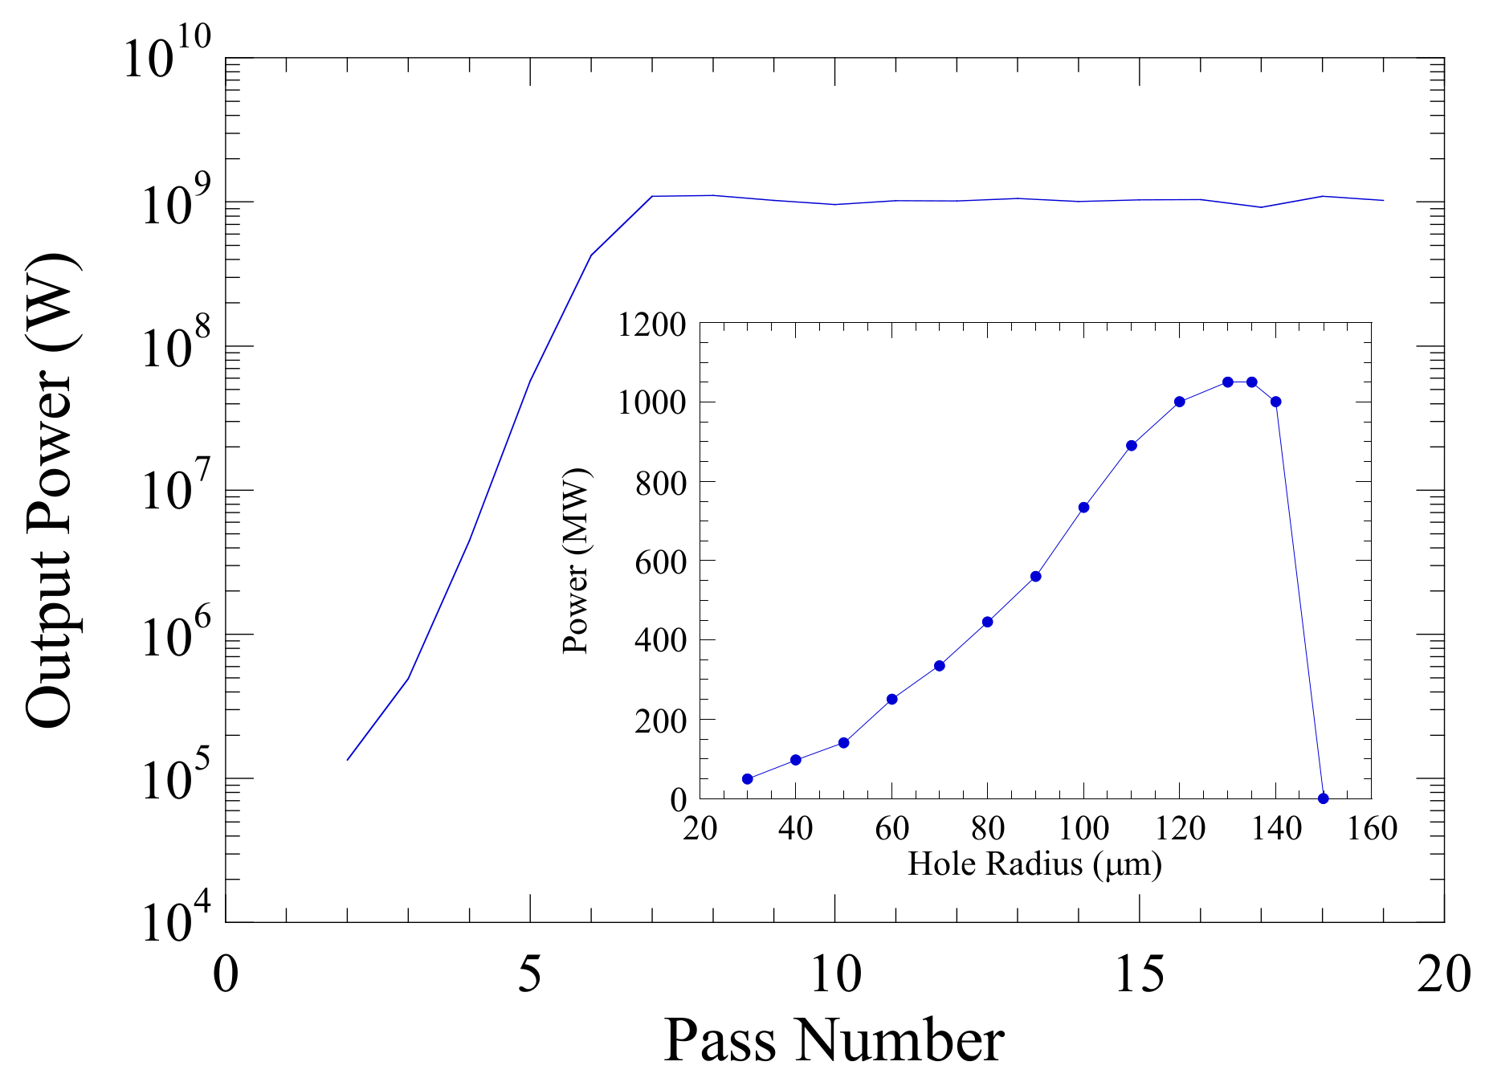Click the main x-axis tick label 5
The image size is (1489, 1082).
coord(529,974)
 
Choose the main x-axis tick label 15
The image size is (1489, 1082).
coord(1139,974)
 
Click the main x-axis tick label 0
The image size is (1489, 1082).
coord(226,974)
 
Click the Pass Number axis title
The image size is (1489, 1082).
coord(834,1040)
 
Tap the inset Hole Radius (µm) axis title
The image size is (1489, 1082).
coord(1034,865)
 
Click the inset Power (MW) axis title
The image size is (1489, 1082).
coord(576,560)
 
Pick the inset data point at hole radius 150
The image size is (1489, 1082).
coord(1324,798)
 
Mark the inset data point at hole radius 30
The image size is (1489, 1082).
coord(748,778)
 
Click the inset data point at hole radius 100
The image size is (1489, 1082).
coord(1083,507)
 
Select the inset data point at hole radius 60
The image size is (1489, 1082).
coord(891,699)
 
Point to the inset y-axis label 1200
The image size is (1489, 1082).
coord(651,325)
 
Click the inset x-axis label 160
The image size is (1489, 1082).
coord(1372,828)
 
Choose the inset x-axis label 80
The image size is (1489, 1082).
coord(988,828)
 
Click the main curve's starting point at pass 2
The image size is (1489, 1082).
coord(348,759)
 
